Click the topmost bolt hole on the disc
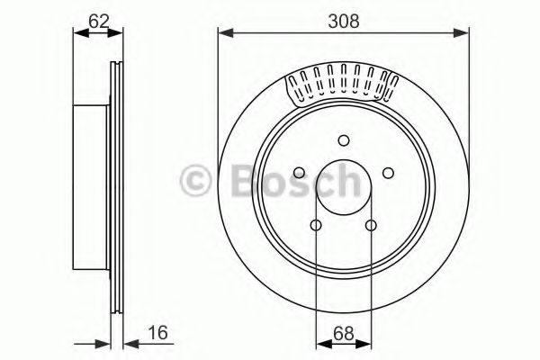tap(343, 139)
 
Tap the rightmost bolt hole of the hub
tap(388, 173)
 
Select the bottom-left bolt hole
tap(315, 225)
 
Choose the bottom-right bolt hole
tap(371, 225)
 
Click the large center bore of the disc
tap(343, 187)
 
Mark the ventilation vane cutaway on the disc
tap(343, 83)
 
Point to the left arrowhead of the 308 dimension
tap(223, 34)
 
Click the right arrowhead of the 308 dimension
tap(463, 34)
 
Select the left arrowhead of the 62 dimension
tap(76, 34)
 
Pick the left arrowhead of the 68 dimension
tap(319, 343)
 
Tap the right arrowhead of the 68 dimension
tap(366, 343)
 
